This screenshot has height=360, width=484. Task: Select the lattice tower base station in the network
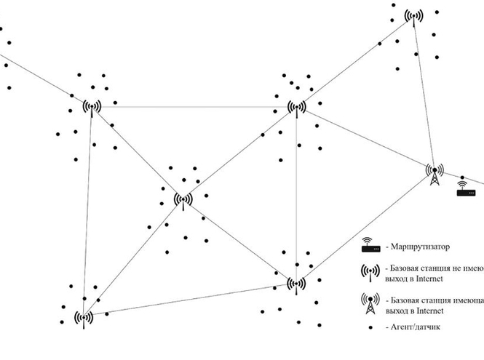pyautogui.click(x=435, y=175)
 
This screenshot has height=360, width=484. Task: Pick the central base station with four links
pyautogui.click(x=182, y=199)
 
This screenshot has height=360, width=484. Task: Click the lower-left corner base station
pyautogui.click(x=84, y=318)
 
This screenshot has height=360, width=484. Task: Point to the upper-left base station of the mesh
pyautogui.click(x=92, y=107)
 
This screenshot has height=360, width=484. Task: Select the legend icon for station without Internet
pyautogui.click(x=370, y=272)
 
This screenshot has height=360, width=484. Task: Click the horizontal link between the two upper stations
pyautogui.click(x=194, y=107)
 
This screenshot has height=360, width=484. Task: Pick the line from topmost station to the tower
pyautogui.click(x=424, y=95)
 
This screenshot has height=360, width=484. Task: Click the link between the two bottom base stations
pyautogui.click(x=189, y=300)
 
